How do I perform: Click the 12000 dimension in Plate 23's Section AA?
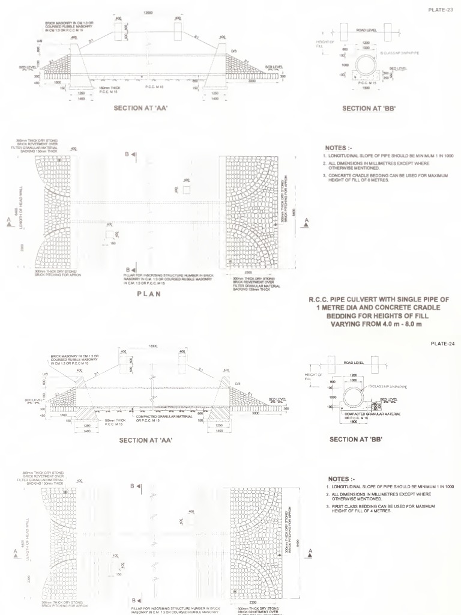(147, 13)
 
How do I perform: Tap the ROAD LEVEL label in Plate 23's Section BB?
(366, 29)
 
